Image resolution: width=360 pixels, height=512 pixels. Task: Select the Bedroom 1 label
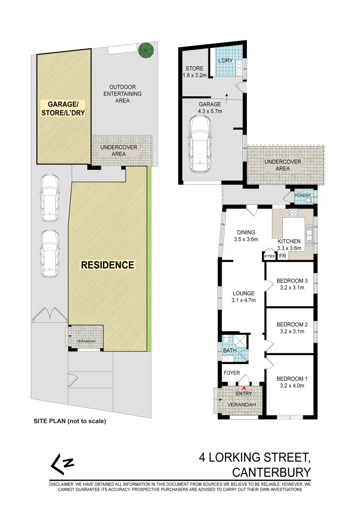(x=292, y=378)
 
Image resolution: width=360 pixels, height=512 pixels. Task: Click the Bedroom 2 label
(x=292, y=325)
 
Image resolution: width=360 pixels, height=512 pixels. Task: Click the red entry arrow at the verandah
(x=244, y=388)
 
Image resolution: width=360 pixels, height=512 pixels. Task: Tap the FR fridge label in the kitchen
(x=282, y=256)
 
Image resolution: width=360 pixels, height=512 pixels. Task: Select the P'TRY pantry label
(x=270, y=256)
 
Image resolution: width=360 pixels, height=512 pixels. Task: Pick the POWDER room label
(x=302, y=195)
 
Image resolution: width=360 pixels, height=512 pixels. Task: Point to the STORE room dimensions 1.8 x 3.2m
(x=194, y=75)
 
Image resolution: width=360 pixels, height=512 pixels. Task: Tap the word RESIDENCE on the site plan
(x=108, y=265)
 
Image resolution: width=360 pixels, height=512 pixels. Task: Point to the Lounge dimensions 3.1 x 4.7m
(x=243, y=300)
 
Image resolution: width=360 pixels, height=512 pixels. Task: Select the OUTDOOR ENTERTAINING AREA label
(x=122, y=93)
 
